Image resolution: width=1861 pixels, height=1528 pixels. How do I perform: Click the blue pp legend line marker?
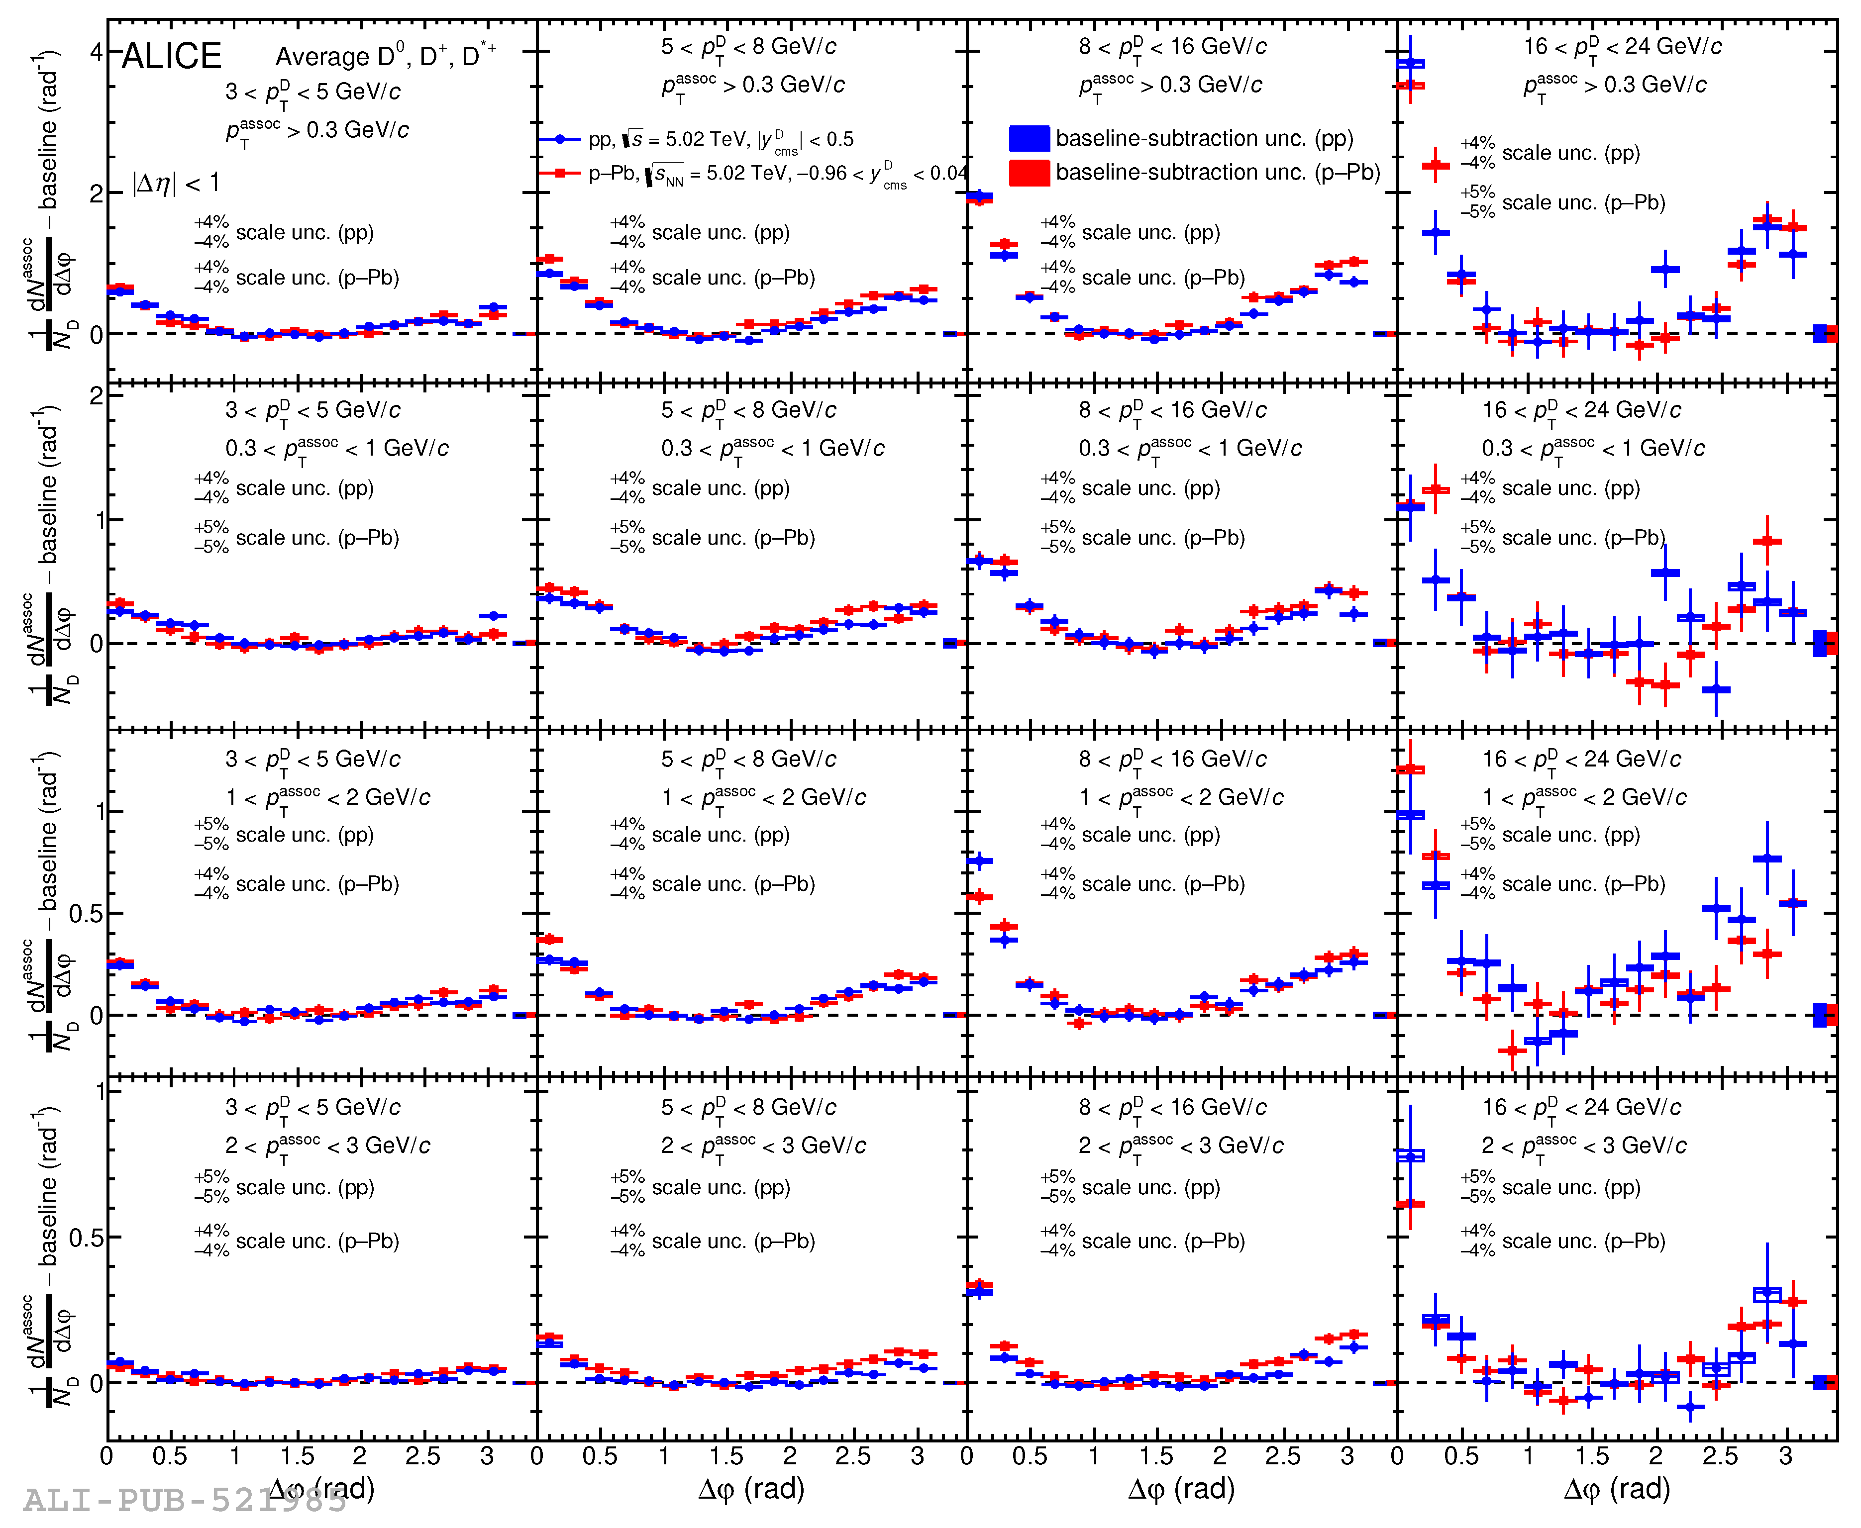[560, 139]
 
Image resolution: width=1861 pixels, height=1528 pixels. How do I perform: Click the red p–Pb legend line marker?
[560, 174]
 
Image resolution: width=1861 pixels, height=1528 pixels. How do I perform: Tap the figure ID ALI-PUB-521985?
[185, 1500]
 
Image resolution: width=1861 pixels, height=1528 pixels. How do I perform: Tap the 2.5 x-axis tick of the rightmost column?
[1719, 1457]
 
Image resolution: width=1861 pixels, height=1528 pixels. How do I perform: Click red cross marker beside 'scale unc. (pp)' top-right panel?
[1436, 165]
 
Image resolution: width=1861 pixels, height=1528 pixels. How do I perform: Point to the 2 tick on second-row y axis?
[95, 396]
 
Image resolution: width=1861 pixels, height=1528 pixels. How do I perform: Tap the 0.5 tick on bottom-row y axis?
[86, 1238]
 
